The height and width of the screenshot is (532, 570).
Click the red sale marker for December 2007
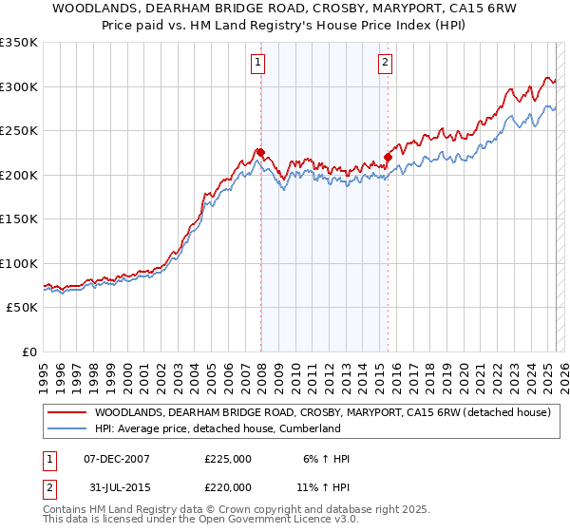click(x=260, y=152)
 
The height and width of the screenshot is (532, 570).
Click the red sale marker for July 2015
click(x=388, y=157)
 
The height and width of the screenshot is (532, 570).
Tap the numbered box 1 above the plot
click(x=257, y=64)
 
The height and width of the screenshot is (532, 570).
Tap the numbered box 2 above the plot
click(x=385, y=64)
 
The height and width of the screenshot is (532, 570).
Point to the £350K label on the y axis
click(x=19, y=43)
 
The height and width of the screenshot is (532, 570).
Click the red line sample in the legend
click(x=66, y=413)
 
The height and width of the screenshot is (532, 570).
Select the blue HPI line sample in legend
click(x=66, y=429)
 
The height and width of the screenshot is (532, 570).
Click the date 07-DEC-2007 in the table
click(x=117, y=459)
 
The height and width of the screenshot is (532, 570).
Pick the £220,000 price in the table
click(x=228, y=486)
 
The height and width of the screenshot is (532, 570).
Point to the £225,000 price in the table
click(x=228, y=459)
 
